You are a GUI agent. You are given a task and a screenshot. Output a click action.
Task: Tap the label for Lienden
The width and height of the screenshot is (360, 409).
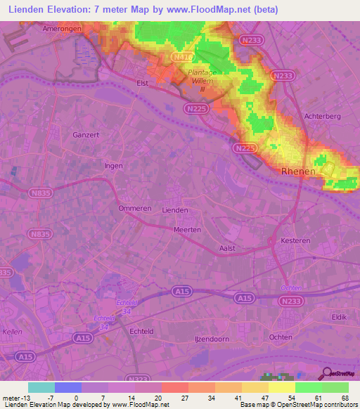(175, 210)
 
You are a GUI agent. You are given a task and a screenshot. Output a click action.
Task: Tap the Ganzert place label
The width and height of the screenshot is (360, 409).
(88, 134)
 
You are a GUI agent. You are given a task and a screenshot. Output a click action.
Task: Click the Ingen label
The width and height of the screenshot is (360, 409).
(113, 166)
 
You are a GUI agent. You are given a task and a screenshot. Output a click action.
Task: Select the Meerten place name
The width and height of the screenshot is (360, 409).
(188, 229)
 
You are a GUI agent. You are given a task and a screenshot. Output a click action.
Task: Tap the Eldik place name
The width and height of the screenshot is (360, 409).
(339, 317)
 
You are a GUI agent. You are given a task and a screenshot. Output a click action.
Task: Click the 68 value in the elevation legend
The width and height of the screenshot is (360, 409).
(344, 397)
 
